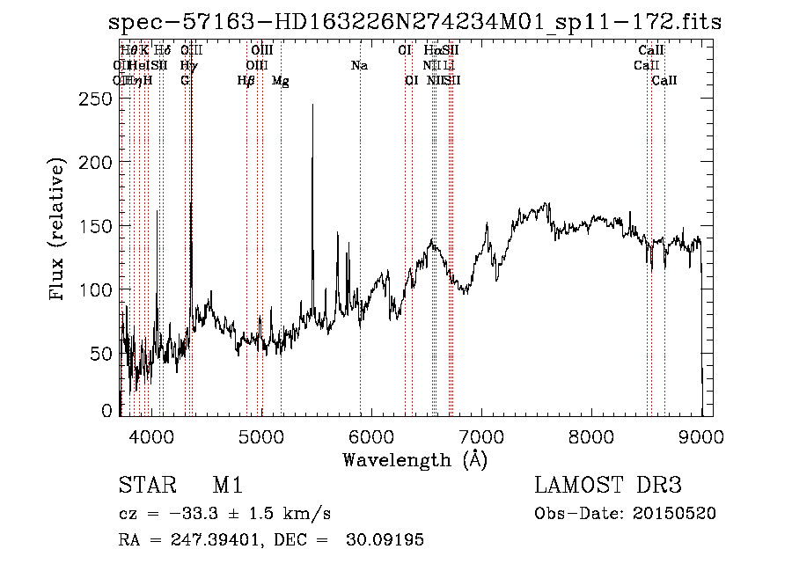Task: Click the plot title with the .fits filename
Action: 414,22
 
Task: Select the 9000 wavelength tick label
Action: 700,436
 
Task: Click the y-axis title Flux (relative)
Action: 59,231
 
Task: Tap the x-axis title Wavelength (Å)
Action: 414,459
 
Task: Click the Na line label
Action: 359,65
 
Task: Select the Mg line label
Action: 281,80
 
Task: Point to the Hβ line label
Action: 246,80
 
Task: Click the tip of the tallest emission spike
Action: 312,105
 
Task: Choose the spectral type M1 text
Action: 227,487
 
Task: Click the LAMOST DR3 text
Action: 608,487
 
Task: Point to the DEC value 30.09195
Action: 386,540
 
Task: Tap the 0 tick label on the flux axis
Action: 107,411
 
